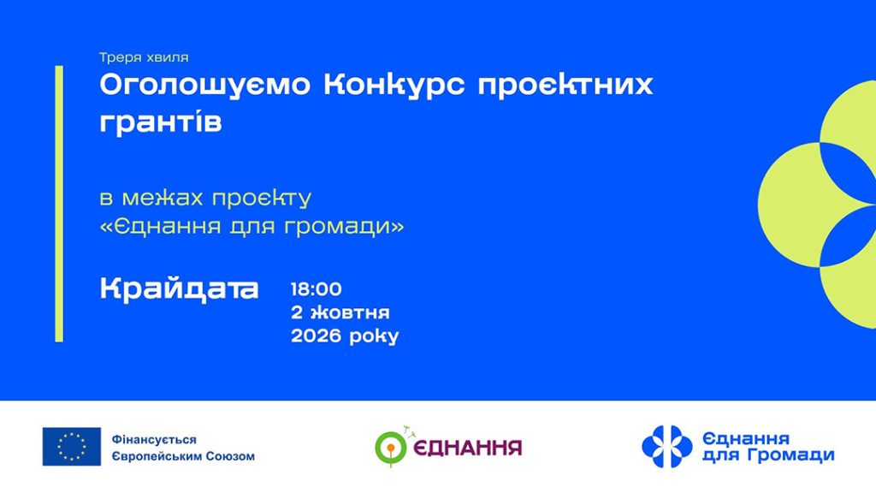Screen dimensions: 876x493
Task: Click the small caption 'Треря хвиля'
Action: tap(144, 57)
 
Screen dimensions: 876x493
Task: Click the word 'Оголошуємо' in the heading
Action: tap(204, 85)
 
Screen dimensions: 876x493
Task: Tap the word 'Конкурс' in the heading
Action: tap(394, 85)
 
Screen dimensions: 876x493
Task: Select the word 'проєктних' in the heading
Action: tap(565, 85)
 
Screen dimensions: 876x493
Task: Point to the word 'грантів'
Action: tap(161, 122)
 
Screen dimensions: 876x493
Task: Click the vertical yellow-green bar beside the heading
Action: tap(59, 204)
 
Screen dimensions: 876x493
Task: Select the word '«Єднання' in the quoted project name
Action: tap(160, 226)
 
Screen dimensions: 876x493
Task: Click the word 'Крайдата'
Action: tap(179, 288)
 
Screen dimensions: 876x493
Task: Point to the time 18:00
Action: tap(317, 289)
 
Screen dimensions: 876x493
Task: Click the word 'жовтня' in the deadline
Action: tap(350, 312)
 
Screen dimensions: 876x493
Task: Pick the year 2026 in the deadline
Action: tap(316, 336)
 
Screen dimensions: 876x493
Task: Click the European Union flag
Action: tap(72, 447)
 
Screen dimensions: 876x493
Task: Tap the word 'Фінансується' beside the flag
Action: tap(154, 440)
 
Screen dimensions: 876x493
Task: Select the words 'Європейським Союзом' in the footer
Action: tap(183, 456)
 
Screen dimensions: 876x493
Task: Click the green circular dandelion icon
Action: tap(391, 448)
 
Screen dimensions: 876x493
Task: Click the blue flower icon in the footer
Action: tap(667, 447)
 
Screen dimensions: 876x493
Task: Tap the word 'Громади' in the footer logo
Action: tap(791, 455)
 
